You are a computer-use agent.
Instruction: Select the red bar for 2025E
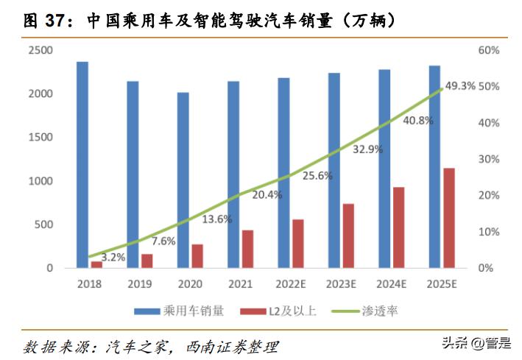coord(448,218)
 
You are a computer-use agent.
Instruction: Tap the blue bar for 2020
coord(183,180)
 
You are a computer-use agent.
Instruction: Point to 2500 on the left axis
coord(40,50)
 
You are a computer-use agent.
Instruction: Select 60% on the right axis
coord(487,50)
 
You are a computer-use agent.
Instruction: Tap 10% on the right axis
coord(487,232)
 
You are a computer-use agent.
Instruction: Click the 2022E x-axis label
coord(288,283)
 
